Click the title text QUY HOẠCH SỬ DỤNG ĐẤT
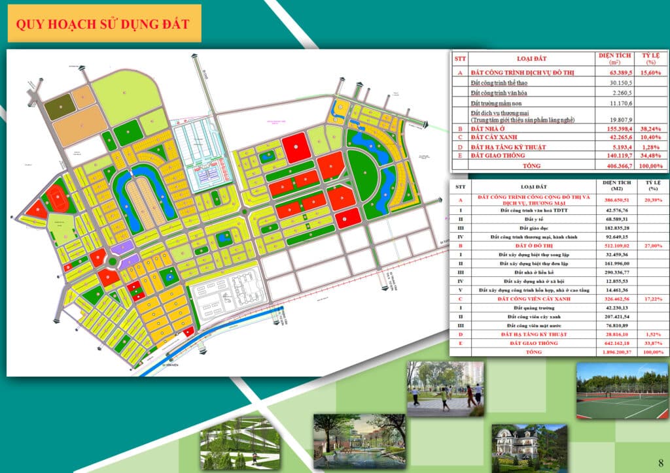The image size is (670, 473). tap(103, 24)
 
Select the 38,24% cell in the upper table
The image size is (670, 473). tap(649, 130)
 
